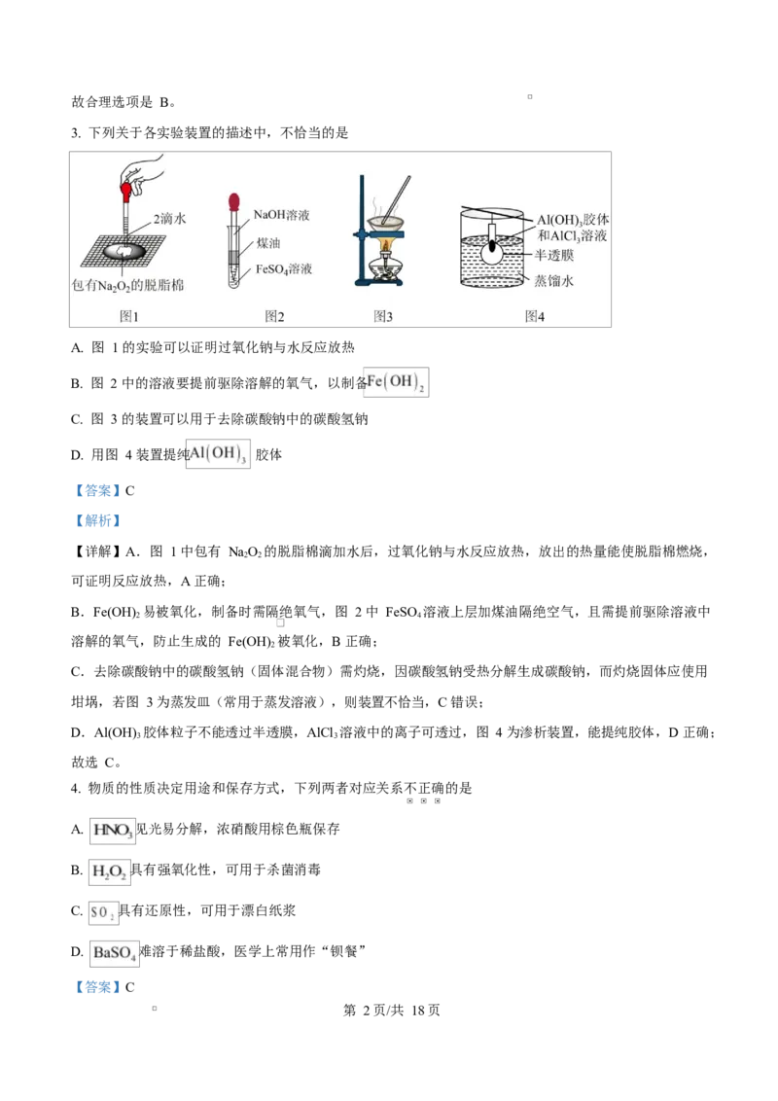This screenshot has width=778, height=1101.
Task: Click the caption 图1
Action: point(129,316)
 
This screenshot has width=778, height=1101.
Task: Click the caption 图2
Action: point(274,316)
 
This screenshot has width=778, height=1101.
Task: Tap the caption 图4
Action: point(534,316)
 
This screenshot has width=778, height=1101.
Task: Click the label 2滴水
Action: point(168,220)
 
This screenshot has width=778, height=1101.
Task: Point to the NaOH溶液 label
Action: point(282,214)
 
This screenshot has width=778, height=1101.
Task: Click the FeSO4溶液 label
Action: point(284,269)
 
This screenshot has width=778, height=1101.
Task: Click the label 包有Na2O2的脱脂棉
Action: point(129,286)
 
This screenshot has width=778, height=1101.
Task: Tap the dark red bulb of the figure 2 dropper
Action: point(233,202)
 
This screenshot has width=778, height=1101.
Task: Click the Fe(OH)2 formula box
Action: point(396,382)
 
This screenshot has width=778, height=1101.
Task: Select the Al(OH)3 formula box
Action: point(219,454)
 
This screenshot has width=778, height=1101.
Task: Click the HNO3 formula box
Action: point(112,832)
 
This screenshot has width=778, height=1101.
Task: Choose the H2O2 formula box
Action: point(108,872)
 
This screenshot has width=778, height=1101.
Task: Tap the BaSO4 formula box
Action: point(113,954)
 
